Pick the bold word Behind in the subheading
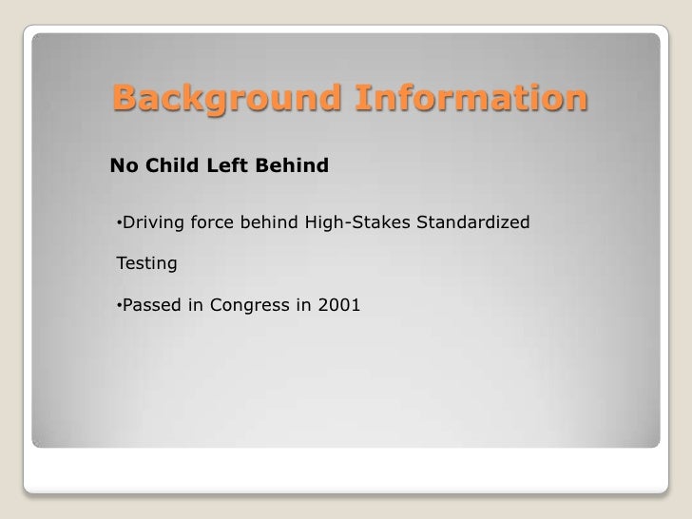point(293,167)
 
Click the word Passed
point(153,306)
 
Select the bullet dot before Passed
point(118,307)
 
